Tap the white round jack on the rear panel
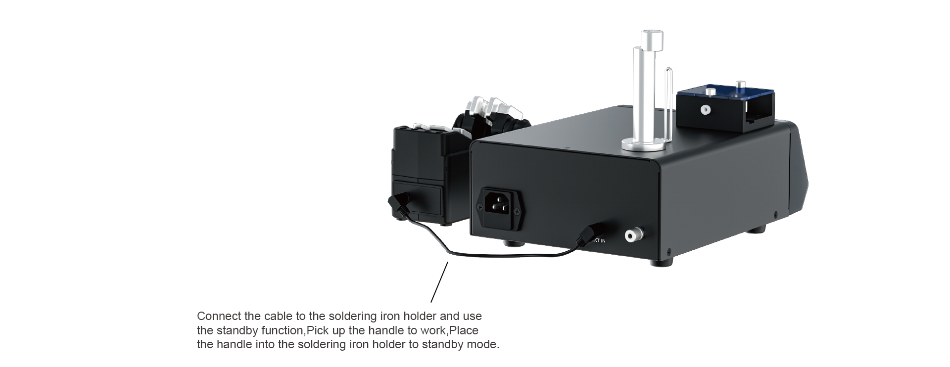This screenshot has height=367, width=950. [631, 236]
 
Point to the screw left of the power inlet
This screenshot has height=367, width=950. [479, 207]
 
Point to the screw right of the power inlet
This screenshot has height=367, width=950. [518, 212]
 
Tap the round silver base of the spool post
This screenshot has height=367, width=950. [643, 144]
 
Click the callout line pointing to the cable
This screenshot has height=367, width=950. [439, 281]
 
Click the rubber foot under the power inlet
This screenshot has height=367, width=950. [508, 243]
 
